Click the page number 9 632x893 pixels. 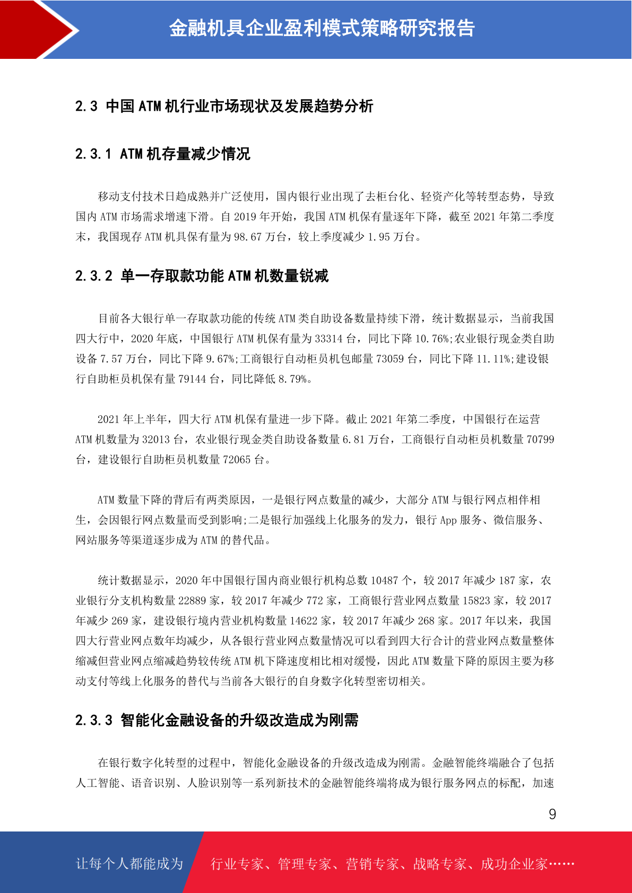(x=552, y=814)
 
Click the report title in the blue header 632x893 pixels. (x=322, y=29)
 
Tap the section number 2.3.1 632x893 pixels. (x=93, y=154)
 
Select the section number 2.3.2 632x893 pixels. (x=94, y=276)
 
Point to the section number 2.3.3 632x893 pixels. (x=94, y=720)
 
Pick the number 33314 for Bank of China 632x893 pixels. (x=328, y=339)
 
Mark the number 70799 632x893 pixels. (x=540, y=440)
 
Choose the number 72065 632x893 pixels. (x=237, y=460)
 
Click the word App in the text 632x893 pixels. (x=448, y=520)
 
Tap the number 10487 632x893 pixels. (x=384, y=581)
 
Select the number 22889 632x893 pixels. (x=192, y=601)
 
